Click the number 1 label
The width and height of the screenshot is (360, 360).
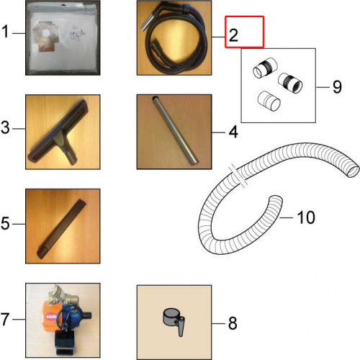[x=5, y=32]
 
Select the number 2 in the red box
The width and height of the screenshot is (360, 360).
[x=233, y=35]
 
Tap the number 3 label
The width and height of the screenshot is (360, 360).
[x=5, y=127]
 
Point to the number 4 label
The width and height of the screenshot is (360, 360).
[x=233, y=132]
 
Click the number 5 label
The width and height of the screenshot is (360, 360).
[x=5, y=223]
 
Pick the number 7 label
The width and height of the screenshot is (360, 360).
[x=5, y=319]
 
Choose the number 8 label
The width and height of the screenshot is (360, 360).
[x=233, y=323]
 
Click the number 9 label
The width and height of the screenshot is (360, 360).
[x=337, y=86]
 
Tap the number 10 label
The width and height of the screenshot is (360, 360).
[x=306, y=217]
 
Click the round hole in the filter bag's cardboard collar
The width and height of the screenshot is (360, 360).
[x=47, y=32]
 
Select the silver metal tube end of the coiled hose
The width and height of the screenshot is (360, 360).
[x=145, y=24]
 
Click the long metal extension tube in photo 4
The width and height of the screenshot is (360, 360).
[x=175, y=130]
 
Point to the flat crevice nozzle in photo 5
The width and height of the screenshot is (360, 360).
[x=61, y=229]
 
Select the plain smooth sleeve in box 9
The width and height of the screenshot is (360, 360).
[x=269, y=101]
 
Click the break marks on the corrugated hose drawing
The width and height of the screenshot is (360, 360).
[x=238, y=176]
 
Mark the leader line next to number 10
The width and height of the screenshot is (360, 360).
[x=287, y=217]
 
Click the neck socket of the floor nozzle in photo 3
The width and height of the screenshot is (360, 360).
[x=70, y=156]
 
